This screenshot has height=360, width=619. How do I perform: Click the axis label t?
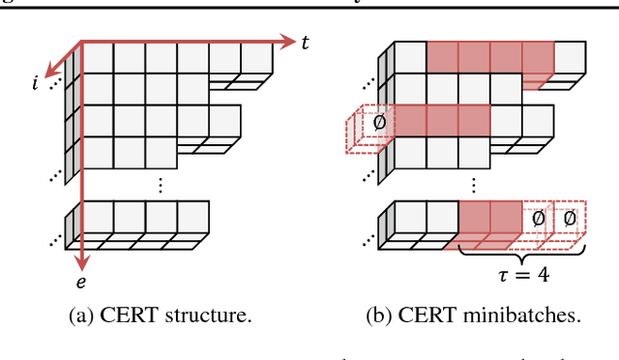click(x=306, y=43)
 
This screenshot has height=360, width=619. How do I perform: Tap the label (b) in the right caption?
click(x=386, y=315)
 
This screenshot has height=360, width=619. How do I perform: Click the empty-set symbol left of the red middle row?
click(x=380, y=123)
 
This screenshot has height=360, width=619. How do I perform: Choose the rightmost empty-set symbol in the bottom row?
click(x=569, y=220)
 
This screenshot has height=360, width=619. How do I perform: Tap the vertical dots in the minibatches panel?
click(x=474, y=182)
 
